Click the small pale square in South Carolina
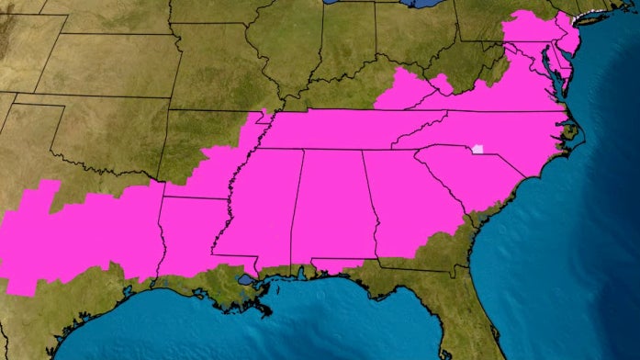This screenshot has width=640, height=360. pos(477,148)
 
